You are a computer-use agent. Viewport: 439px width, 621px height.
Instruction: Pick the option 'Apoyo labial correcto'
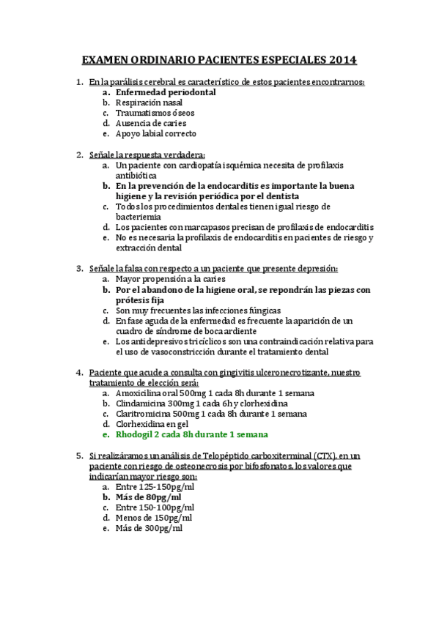(x=156, y=134)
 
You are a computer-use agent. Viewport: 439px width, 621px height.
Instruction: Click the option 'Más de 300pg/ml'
(x=149, y=528)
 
